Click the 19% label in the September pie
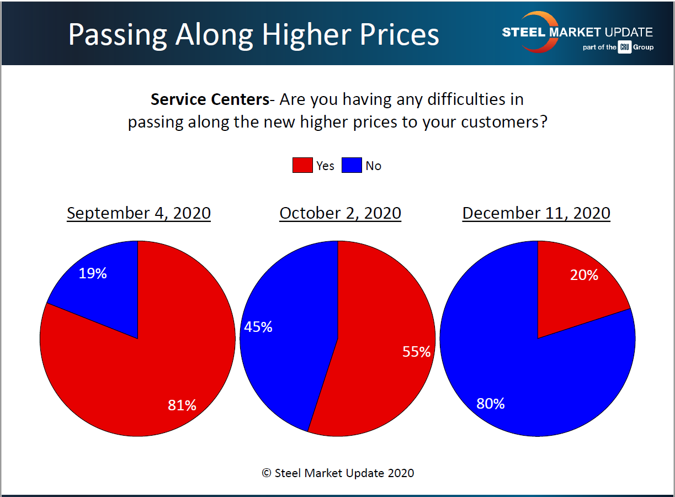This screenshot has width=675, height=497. click(92, 273)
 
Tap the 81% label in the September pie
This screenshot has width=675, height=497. click(182, 405)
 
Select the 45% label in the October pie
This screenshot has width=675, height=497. click(258, 327)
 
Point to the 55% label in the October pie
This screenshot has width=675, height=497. click(416, 351)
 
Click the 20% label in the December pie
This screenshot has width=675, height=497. click(584, 275)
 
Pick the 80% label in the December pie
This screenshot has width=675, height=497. click(491, 404)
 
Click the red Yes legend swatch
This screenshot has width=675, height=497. click(302, 166)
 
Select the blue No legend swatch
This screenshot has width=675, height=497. click(352, 166)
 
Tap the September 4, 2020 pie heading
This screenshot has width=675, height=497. click(139, 213)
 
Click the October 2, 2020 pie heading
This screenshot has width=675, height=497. click(340, 213)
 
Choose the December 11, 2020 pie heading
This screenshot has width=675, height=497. click(536, 213)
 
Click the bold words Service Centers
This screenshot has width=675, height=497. click(209, 99)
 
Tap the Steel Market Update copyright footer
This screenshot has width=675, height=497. click(338, 473)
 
